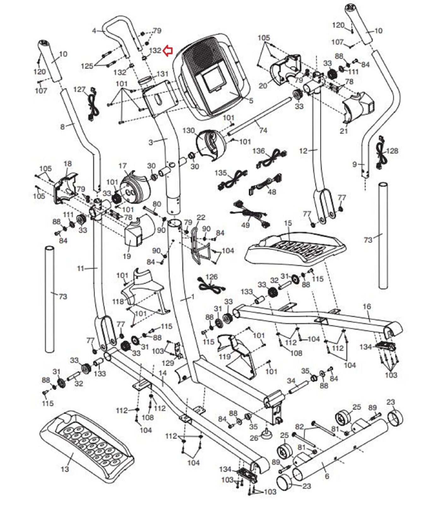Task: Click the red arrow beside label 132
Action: click(x=168, y=50)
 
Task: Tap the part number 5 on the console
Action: click(x=251, y=101)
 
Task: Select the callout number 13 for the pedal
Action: click(x=64, y=469)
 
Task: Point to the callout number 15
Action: click(x=287, y=223)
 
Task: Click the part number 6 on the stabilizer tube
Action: click(x=327, y=476)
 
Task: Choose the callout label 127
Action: click(x=79, y=89)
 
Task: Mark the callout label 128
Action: click(x=392, y=151)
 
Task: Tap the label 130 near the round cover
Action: click(x=189, y=130)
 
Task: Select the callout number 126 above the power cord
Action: click(x=211, y=277)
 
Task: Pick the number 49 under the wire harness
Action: click(x=245, y=225)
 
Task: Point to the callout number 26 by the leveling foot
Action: click(x=254, y=438)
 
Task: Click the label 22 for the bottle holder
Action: click(x=201, y=217)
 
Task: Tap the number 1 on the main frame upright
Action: click(x=193, y=297)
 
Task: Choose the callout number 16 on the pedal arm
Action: click(x=367, y=306)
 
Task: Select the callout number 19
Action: click(x=127, y=256)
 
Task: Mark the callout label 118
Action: click(x=118, y=301)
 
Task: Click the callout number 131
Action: click(x=162, y=74)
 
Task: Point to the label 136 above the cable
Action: click(x=258, y=151)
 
